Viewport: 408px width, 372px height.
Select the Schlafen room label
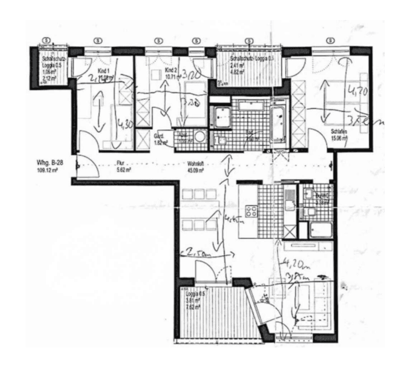pos(338,131)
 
